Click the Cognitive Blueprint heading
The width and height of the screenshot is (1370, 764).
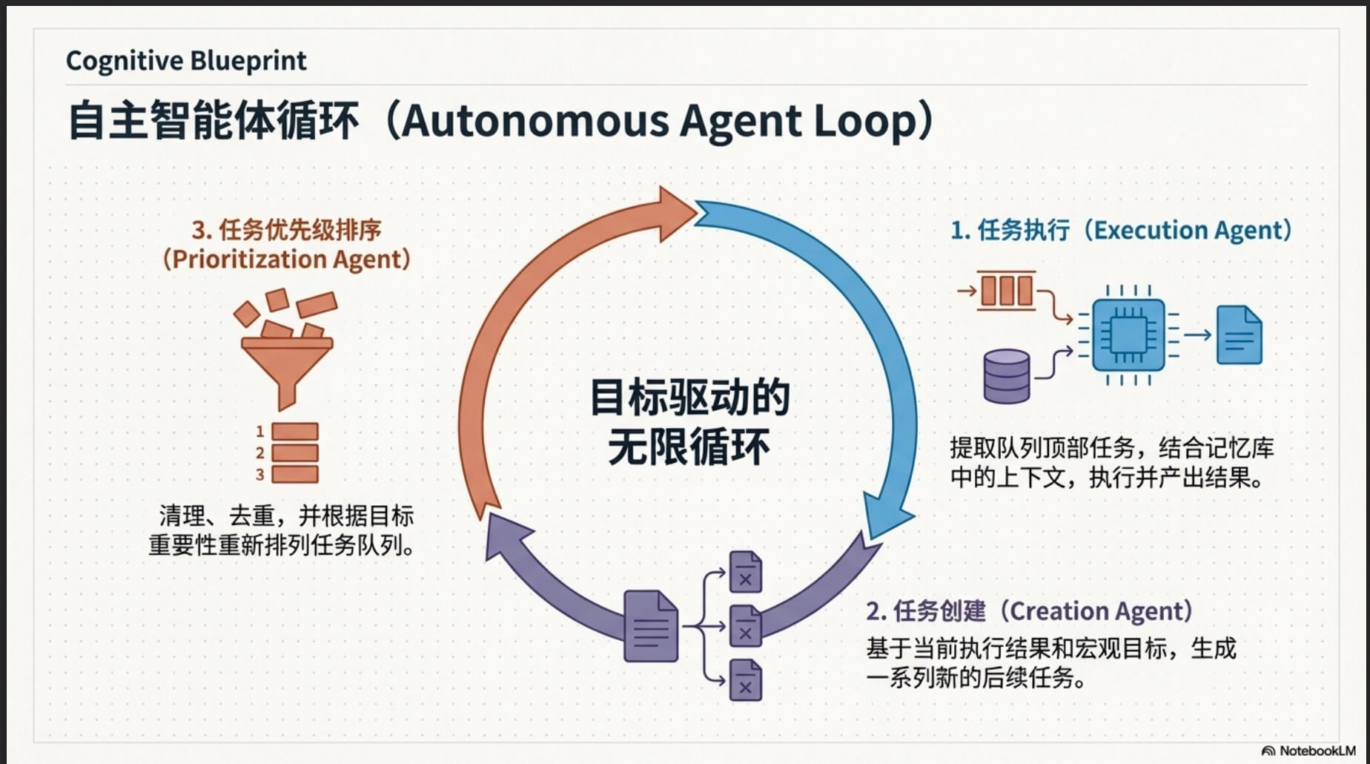(x=185, y=61)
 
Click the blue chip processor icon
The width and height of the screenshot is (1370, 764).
(x=1128, y=335)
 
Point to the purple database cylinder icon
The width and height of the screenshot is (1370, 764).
(x=1006, y=375)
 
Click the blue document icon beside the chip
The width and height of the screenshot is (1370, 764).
(x=1239, y=335)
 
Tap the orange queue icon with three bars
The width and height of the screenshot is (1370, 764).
(x=1006, y=290)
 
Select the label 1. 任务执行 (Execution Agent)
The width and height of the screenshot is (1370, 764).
(x=1121, y=230)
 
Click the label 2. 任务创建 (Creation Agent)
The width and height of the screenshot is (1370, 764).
(x=1030, y=611)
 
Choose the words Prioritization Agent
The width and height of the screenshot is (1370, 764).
(x=286, y=260)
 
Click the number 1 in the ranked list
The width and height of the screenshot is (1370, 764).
(x=259, y=431)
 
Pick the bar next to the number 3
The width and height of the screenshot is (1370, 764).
(x=295, y=475)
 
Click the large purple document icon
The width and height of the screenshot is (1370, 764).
(x=650, y=626)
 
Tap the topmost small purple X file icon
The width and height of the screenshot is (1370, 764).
(x=745, y=572)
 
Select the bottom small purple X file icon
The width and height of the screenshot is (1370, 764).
(x=745, y=680)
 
